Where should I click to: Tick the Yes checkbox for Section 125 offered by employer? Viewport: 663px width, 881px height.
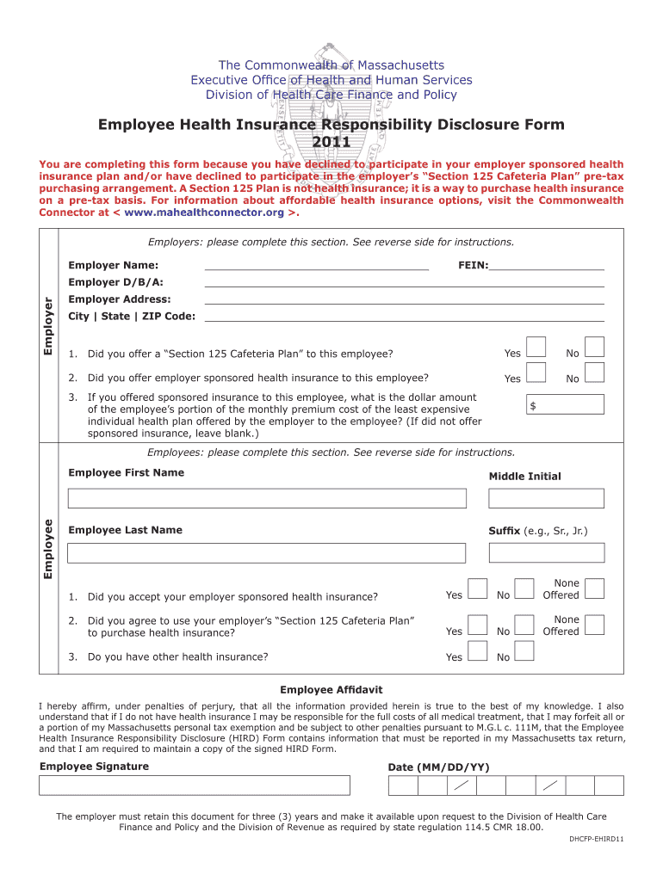(536, 347)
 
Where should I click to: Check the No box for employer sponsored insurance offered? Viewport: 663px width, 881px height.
(594, 373)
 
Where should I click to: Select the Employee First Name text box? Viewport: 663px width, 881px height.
(267, 498)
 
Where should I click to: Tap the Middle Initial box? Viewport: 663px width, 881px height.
(546, 498)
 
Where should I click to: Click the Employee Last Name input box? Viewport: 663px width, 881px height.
(267, 552)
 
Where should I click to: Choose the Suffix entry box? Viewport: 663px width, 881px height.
(546, 552)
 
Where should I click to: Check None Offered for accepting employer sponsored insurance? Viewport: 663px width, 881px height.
(594, 588)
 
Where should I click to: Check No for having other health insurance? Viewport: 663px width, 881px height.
(524, 650)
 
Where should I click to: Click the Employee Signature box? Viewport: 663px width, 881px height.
(195, 786)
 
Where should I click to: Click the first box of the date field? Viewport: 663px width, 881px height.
(403, 786)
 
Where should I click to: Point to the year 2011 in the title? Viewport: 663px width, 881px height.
(331, 142)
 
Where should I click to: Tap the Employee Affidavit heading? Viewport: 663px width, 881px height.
(331, 690)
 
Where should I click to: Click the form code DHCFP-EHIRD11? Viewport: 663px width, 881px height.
(596, 839)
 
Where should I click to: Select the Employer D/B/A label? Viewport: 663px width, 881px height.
(115, 282)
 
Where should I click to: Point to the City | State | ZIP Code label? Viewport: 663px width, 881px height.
(132, 317)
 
